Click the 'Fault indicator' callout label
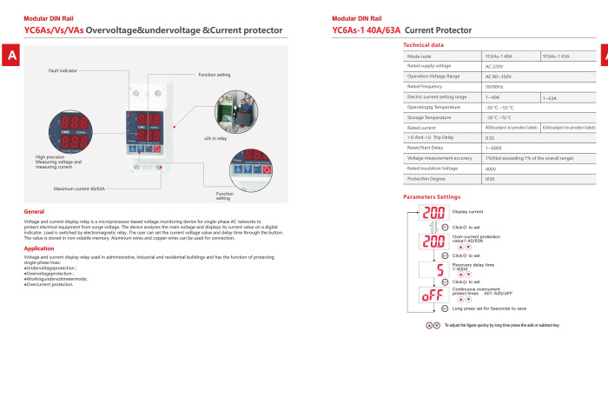coord(63,70)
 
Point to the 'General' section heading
coord(35,211)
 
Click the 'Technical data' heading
coord(424,44)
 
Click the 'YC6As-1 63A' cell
coord(556,56)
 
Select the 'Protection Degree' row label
coord(428,178)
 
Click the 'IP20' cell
coord(491,178)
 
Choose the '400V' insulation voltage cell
coord(492,169)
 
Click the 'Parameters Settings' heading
coord(432,196)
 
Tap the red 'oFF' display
coord(433,295)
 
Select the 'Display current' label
coord(468,211)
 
